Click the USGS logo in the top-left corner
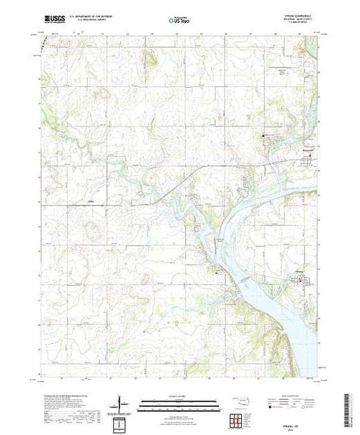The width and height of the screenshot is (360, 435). coord(53,21)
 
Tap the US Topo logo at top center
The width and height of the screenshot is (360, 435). coord(180,21)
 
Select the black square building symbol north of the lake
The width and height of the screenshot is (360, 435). coord(263,135)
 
